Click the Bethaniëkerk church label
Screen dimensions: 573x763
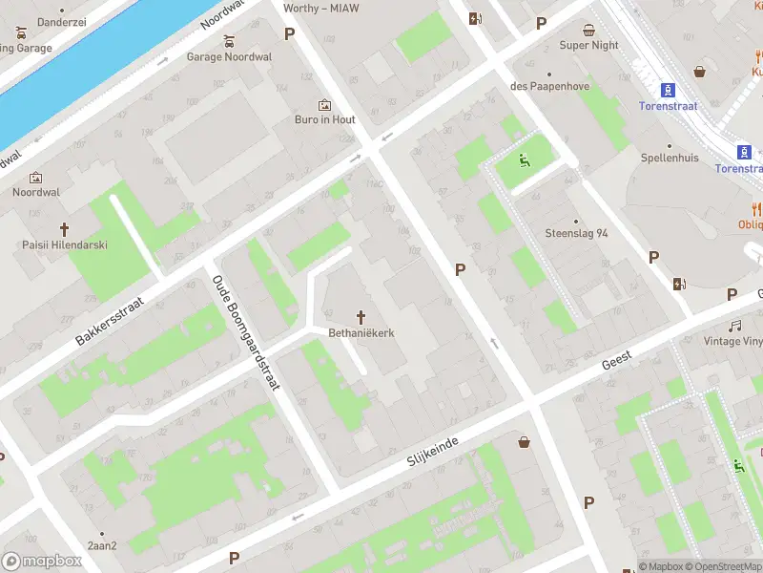(x=361, y=333)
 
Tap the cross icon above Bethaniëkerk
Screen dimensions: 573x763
(x=361, y=316)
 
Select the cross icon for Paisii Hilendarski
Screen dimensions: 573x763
(x=65, y=229)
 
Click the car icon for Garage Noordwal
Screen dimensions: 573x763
(x=229, y=41)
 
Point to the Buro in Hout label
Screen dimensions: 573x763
(x=324, y=119)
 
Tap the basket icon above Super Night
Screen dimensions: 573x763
(x=589, y=29)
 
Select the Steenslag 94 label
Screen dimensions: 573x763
(x=576, y=233)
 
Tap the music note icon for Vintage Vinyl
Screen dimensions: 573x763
(x=735, y=326)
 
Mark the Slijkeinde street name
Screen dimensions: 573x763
(x=433, y=450)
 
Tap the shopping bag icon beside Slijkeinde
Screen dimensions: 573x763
(x=524, y=441)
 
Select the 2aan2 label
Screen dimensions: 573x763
(x=102, y=545)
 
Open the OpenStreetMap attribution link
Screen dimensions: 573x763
(x=722, y=566)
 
